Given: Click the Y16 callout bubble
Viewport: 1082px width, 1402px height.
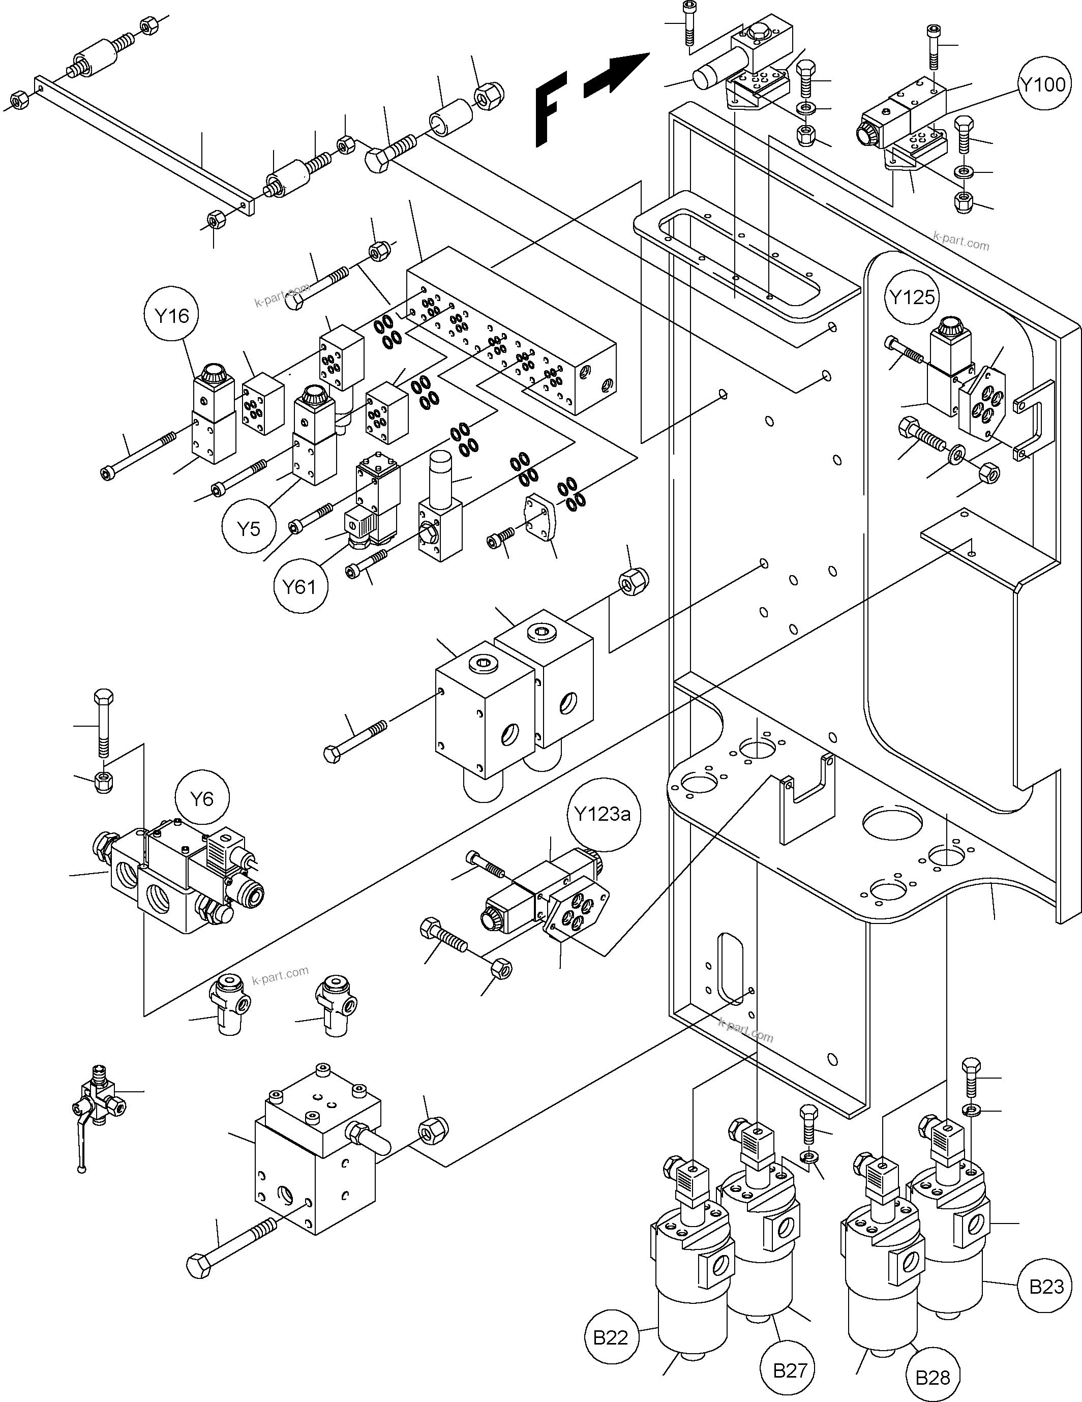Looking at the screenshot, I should click(x=171, y=315).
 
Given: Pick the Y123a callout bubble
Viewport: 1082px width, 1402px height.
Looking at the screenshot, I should click(x=603, y=815).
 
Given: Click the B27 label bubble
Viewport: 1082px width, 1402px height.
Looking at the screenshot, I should click(x=789, y=1370).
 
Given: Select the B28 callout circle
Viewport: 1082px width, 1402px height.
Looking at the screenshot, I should click(x=933, y=1378).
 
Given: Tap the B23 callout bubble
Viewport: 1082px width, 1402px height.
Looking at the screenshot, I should click(x=1045, y=1286).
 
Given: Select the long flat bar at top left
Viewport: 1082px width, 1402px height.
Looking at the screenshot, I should click(x=144, y=144).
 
